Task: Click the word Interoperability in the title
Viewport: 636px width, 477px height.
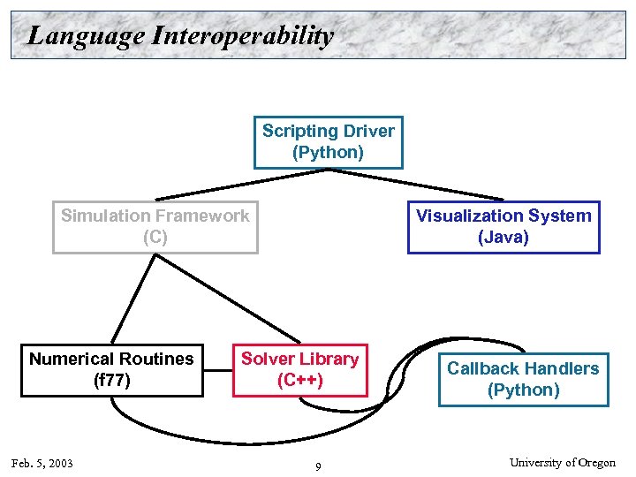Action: click(244, 36)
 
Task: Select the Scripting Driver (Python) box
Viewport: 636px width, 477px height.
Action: click(328, 142)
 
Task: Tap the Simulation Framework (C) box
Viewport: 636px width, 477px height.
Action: click(155, 228)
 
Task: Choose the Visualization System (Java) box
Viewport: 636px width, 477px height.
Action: click(503, 228)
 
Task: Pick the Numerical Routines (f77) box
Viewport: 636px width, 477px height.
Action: click(111, 370)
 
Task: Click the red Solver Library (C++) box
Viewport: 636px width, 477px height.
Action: click(300, 370)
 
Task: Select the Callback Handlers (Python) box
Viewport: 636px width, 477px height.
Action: click(523, 380)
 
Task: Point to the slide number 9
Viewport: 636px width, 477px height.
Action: click(318, 466)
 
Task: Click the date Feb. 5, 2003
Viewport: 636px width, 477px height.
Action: click(42, 464)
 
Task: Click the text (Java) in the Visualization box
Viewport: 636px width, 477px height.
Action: click(503, 238)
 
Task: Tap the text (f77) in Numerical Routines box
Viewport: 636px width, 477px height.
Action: click(111, 381)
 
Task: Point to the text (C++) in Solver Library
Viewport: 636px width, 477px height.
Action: click(300, 381)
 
